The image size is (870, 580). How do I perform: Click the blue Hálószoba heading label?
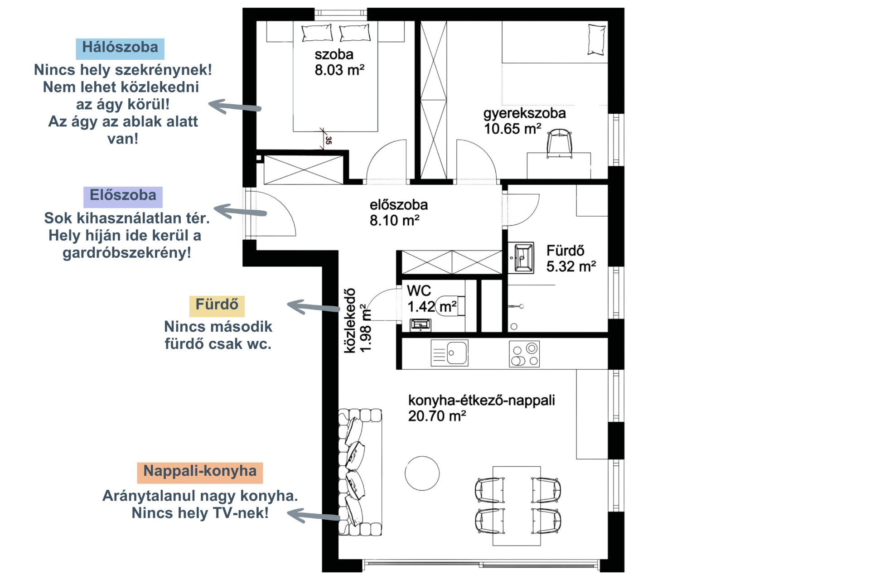[x=120, y=48]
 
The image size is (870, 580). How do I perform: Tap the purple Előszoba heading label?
[x=123, y=196]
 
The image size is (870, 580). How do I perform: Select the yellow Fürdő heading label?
[x=217, y=305]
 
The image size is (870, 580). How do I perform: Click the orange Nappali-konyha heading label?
[x=200, y=472]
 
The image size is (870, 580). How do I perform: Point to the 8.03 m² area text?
[x=339, y=70]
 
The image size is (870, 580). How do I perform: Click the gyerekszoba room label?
[x=524, y=113]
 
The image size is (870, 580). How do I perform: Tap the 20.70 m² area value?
[x=437, y=416]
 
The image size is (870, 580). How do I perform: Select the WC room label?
[x=419, y=291]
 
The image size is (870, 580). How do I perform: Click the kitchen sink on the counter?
[x=449, y=353]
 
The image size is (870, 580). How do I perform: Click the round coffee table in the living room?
[x=422, y=473]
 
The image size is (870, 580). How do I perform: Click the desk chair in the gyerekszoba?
[x=559, y=143]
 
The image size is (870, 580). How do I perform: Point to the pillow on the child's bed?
[x=596, y=40]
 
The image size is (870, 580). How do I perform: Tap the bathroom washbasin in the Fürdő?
[x=524, y=258]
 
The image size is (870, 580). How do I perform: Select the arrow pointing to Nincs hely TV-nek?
[x=314, y=516]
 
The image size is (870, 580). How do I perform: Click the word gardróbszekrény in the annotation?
[x=127, y=253]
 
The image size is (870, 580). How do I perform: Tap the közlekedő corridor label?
[x=349, y=321]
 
